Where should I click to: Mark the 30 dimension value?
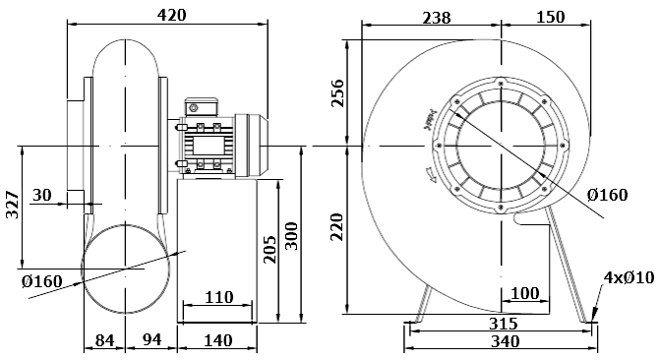(x=42, y=195)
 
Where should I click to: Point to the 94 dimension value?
(x=151, y=340)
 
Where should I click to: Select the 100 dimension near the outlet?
(x=525, y=293)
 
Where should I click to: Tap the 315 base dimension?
(x=503, y=324)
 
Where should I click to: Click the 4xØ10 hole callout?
(x=627, y=278)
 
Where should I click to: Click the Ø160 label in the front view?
(x=607, y=195)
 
